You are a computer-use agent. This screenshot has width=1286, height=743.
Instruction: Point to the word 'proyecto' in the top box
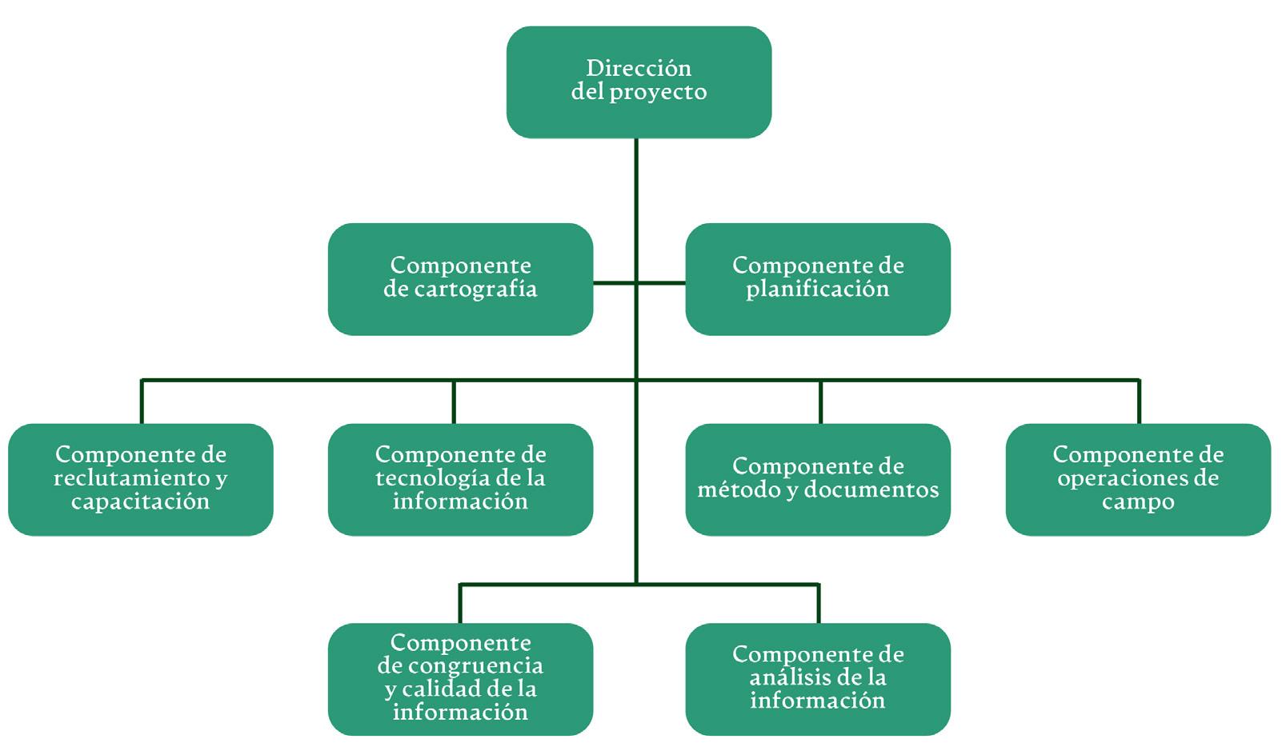coord(663,93)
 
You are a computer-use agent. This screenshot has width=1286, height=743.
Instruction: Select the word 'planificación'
coord(818,290)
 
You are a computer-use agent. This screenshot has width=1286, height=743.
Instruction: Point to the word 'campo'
coord(1138,503)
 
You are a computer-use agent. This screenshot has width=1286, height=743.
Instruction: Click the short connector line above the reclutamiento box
coord(142,401)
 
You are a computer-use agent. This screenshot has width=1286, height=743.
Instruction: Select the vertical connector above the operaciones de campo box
coord(1139,401)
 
